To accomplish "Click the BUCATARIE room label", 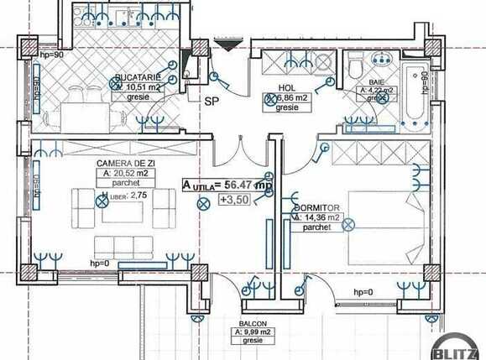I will pos(140,76).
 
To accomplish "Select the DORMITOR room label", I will pos(316,206).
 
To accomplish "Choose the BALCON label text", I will pos(251,322).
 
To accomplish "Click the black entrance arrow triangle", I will pos(227,45).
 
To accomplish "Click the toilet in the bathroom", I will pos(355,64).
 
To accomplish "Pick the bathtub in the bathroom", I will pos(415,92).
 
